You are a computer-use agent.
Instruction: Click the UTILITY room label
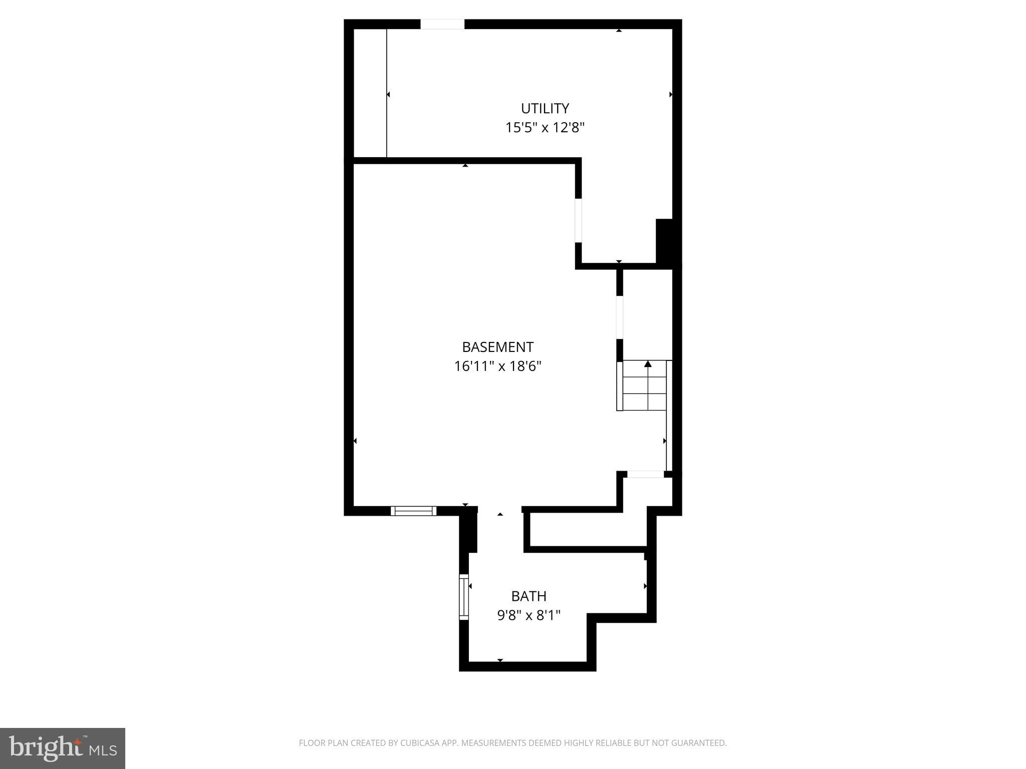545,109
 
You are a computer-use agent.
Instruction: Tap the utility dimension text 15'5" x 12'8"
545,128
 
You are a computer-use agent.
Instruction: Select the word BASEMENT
497,347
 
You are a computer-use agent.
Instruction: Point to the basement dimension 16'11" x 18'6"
497,366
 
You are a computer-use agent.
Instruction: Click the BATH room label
529,596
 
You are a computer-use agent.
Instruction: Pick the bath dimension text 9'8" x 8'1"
529,615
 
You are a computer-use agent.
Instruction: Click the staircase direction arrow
648,364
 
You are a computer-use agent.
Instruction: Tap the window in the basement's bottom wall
413,511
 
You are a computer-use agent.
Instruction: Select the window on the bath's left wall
464,597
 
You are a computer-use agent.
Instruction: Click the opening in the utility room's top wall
442,24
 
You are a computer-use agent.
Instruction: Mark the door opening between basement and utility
578,220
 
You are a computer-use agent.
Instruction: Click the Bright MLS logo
63,748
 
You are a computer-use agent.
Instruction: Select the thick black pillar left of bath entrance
468,531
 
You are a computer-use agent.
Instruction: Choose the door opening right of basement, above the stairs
620,318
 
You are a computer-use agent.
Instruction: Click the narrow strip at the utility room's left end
370,93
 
